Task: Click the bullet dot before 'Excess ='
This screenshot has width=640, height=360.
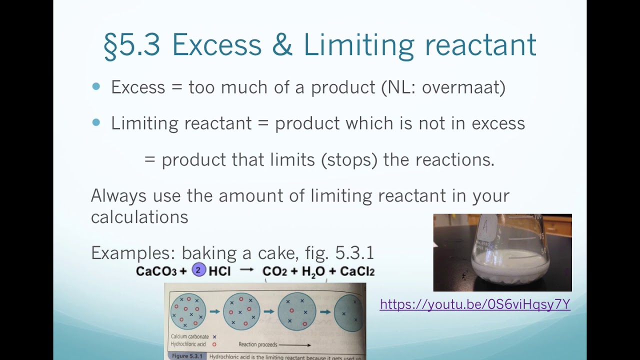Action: (96, 86)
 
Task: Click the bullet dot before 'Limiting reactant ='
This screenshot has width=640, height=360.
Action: (96, 122)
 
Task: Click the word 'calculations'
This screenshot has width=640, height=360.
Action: (139, 217)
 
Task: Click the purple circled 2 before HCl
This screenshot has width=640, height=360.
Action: (199, 270)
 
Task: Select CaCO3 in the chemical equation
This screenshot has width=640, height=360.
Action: (156, 271)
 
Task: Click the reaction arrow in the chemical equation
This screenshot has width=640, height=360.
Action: (247, 270)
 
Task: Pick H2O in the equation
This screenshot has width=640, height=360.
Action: (313, 272)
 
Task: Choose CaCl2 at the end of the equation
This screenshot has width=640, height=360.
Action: (357, 271)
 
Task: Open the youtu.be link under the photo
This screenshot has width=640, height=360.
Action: (475, 304)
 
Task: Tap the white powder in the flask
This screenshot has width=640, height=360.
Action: (505, 262)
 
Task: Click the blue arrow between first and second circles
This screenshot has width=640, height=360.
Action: (215, 311)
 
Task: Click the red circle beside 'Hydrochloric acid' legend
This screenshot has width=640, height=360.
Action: (214, 344)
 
